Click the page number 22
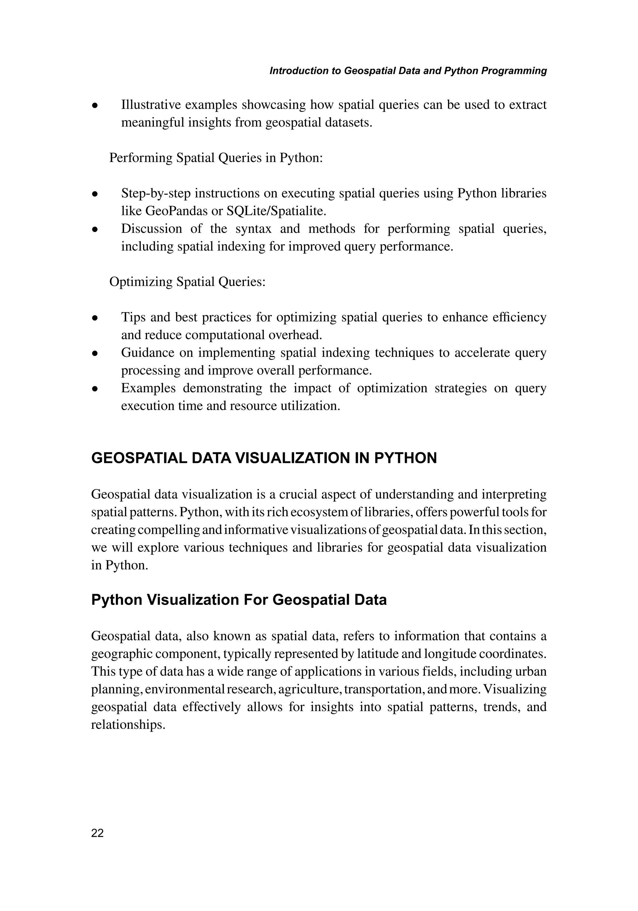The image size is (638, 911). tap(97, 833)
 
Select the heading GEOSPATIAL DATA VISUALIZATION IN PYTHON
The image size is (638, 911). tap(264, 458)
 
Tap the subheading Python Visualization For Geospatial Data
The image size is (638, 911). tap(239, 600)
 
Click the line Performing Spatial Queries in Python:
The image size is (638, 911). tap(216, 158)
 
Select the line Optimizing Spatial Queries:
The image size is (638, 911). tap(187, 282)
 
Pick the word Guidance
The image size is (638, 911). tap(147, 352)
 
